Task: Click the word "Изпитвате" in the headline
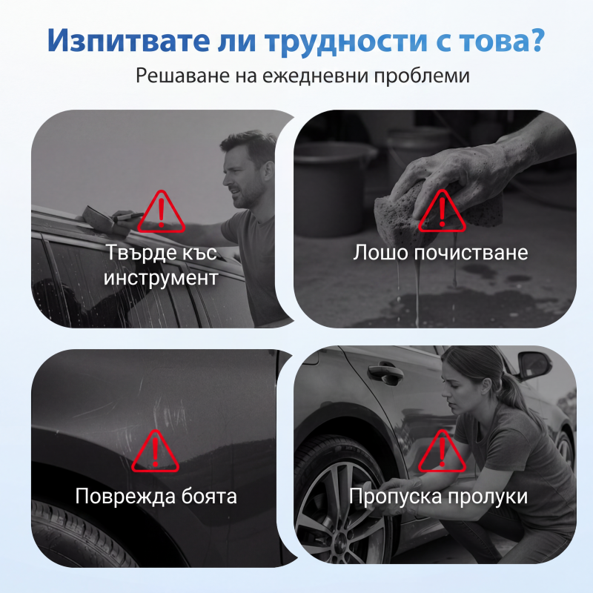pyautogui.click(x=128, y=40)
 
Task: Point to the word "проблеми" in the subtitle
pyautogui.click(x=422, y=76)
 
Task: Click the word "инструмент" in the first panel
pyautogui.click(x=161, y=277)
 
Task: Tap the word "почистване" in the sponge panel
pyautogui.click(x=471, y=252)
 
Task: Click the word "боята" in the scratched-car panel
pyautogui.click(x=209, y=496)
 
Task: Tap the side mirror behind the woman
pyautogui.click(x=535, y=365)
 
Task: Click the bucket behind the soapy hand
pyautogui.click(x=333, y=189)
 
